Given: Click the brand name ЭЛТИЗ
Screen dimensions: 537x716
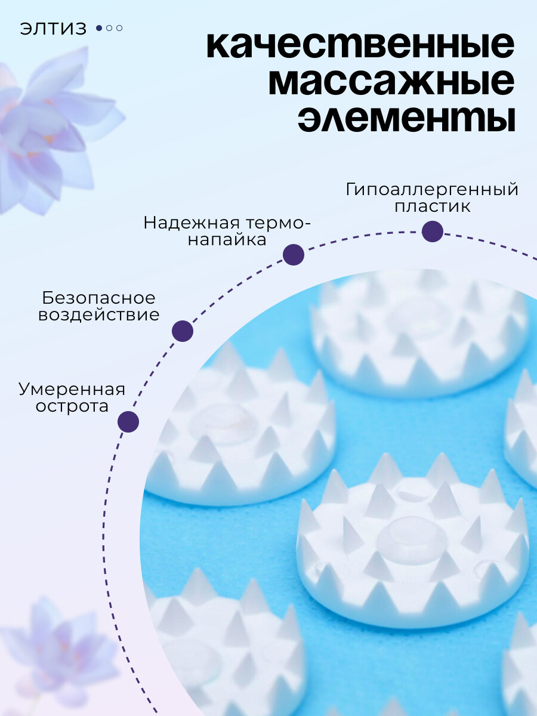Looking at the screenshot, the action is click(x=54, y=28).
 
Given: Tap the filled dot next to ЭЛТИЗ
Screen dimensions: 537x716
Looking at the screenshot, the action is click(x=99, y=28).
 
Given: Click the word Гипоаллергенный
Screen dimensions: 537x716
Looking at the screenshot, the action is click(x=432, y=190).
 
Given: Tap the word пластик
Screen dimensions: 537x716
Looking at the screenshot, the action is click(x=432, y=207).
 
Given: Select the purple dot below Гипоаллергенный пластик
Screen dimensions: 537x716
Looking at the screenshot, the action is click(x=433, y=232).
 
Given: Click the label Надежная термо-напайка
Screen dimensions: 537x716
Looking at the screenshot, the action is click(x=227, y=231).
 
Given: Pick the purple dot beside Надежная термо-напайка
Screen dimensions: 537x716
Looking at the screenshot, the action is click(x=294, y=255).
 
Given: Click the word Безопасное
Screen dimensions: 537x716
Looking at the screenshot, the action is click(x=99, y=298).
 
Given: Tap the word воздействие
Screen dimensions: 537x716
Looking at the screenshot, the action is click(x=99, y=314).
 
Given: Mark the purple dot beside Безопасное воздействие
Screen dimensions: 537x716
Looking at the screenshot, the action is click(x=183, y=331).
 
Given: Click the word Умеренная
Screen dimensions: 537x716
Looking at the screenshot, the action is click(x=72, y=390).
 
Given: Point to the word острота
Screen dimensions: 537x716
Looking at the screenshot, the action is click(x=72, y=407).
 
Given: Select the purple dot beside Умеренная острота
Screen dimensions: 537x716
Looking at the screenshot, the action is click(x=128, y=422).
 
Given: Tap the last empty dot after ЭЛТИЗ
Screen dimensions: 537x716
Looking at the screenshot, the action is click(x=119, y=28).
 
